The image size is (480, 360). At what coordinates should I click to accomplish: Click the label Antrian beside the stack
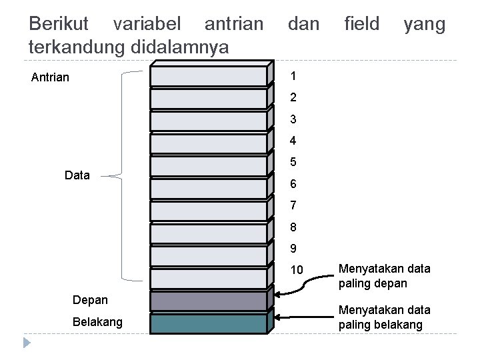50,77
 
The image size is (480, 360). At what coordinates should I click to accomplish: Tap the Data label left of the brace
77,175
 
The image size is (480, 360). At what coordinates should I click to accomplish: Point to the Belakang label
97,322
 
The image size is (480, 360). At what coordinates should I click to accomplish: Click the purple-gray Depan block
208,301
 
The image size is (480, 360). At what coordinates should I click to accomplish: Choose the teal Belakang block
208,324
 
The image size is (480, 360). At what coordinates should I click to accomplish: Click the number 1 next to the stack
293,75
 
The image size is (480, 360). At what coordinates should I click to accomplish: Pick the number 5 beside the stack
293,162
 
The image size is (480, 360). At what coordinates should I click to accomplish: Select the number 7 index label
293,205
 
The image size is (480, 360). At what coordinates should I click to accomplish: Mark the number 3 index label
293,119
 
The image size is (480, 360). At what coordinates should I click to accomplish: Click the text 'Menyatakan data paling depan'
385,276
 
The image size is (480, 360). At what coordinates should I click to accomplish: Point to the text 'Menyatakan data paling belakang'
385,317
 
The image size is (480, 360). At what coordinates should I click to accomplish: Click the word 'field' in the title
361,25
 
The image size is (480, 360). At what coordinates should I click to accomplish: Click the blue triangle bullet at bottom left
27,344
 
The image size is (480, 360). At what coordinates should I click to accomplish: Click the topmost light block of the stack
208,76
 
